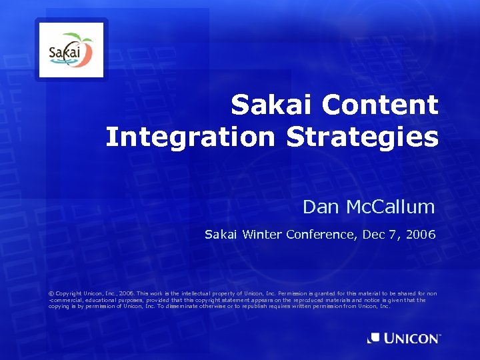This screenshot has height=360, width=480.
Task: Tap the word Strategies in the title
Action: (362, 137)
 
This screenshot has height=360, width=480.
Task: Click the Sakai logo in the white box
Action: (71, 51)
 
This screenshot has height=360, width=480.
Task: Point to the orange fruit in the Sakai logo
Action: (85, 51)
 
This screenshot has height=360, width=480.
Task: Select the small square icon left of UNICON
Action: (374, 339)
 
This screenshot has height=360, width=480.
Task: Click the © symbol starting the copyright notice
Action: (51, 293)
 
